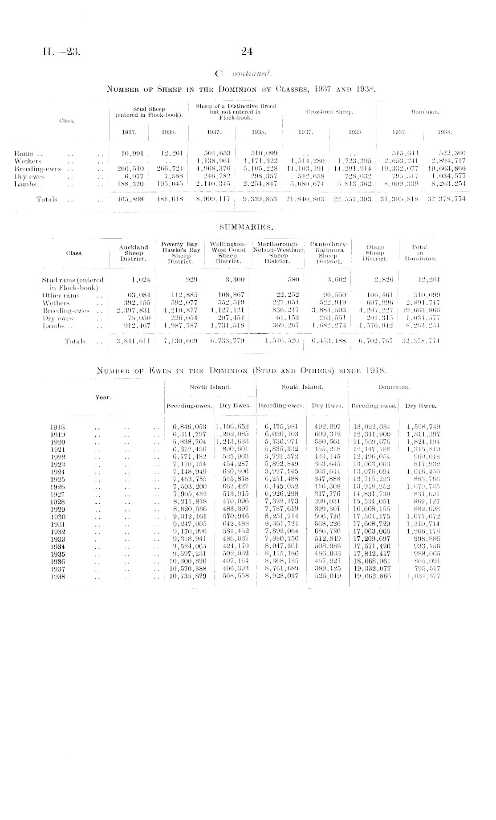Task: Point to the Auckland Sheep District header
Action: [x=134, y=253]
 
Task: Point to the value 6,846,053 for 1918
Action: [x=189, y=427]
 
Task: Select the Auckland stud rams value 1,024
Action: [x=141, y=280]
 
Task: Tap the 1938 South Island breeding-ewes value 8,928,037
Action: [x=281, y=576]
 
